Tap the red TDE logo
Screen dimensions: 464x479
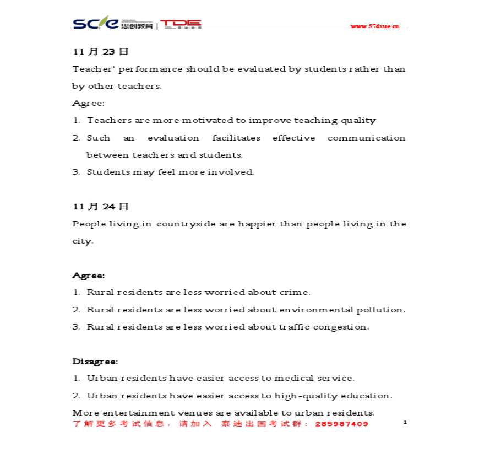click(x=181, y=24)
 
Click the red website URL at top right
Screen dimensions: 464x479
click(x=375, y=26)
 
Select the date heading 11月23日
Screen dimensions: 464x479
click(x=101, y=52)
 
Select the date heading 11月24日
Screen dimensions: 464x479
click(x=101, y=207)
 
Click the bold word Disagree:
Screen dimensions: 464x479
click(x=95, y=362)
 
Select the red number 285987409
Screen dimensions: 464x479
click(x=342, y=424)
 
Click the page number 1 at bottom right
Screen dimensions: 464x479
click(x=405, y=422)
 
